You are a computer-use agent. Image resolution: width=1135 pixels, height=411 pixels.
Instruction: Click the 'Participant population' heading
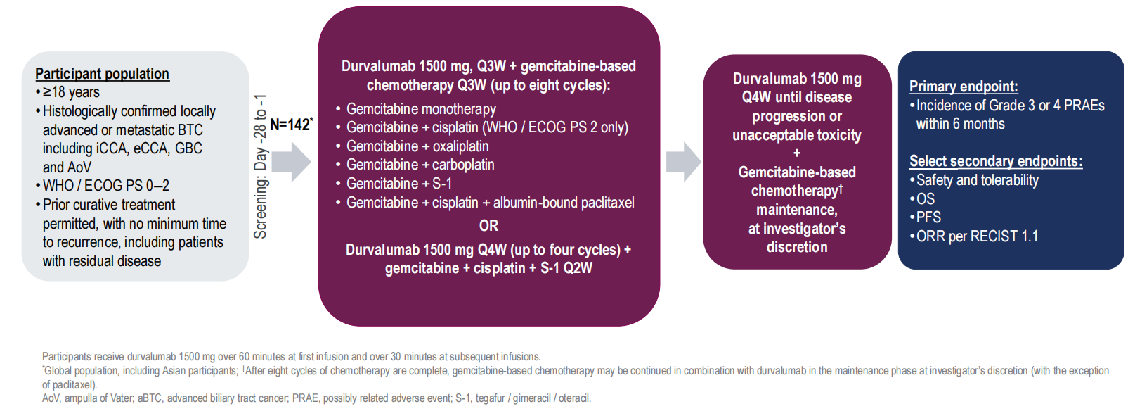[x=103, y=74]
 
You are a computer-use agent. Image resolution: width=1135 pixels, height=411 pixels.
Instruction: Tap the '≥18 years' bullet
[x=68, y=92]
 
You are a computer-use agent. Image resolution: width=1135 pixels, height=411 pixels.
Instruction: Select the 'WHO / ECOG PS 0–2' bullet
[x=103, y=186]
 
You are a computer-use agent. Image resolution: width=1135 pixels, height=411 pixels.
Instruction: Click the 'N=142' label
[x=292, y=125]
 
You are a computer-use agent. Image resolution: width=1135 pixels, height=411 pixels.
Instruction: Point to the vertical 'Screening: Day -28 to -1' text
[x=260, y=166]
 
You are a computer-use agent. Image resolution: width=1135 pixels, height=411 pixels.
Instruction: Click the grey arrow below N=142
[x=292, y=162]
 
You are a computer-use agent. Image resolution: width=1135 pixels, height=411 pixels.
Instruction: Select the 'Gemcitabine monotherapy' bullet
[x=416, y=109]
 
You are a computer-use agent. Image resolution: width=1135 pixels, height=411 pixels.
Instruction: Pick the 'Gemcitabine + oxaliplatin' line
[x=413, y=146]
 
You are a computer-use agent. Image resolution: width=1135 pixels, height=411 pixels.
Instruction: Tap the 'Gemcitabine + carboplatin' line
[x=415, y=165]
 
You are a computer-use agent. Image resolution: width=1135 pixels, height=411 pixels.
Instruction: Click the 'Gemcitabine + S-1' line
[x=394, y=184]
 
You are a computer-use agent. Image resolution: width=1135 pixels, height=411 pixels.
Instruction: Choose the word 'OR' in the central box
[x=488, y=226]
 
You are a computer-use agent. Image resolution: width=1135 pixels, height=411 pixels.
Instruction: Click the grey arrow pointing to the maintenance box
[x=684, y=162]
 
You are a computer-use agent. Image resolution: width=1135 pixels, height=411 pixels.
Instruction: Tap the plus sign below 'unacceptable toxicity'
[x=796, y=153]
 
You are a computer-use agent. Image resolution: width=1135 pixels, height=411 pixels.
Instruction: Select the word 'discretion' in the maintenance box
[x=797, y=247]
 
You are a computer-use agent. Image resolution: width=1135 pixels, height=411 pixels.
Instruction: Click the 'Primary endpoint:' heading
[x=964, y=87]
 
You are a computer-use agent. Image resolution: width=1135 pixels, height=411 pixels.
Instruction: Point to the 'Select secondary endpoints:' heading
[x=996, y=161]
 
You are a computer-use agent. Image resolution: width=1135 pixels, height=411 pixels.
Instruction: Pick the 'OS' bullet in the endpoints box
[x=922, y=199]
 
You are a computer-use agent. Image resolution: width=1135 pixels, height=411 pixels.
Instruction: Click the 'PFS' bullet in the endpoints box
[x=926, y=217]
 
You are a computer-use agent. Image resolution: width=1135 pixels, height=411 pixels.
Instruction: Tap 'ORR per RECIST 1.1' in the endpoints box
[x=974, y=236]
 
